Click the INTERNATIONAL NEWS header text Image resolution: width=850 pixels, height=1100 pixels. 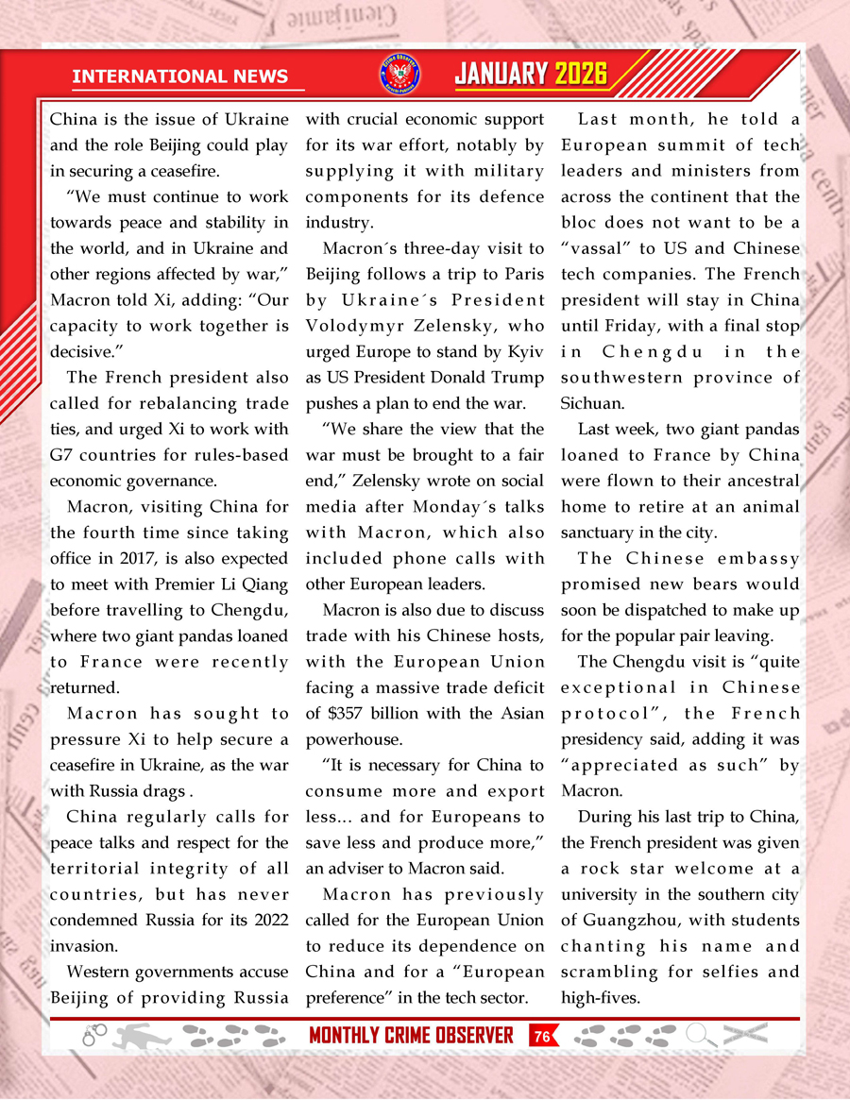[180, 76]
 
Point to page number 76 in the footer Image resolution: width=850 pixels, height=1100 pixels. [542, 1036]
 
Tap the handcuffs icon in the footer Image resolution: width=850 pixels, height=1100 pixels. [94, 1035]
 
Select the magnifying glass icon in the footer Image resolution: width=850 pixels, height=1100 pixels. [701, 1035]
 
